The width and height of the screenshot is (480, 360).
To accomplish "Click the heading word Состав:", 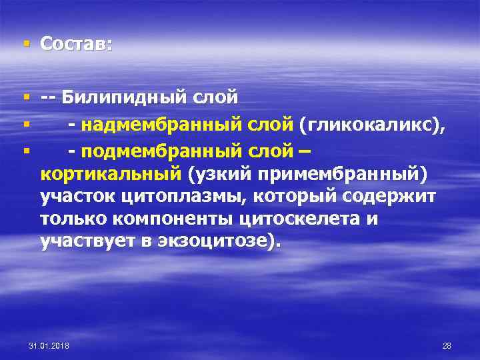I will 76,44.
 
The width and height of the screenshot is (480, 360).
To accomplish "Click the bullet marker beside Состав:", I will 26,44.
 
